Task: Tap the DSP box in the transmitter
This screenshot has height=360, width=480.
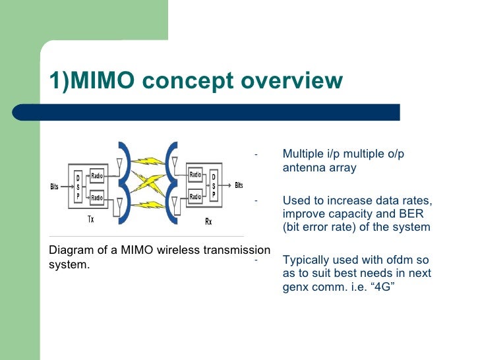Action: (x=78, y=187)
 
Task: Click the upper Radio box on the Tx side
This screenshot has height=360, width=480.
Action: (x=97, y=176)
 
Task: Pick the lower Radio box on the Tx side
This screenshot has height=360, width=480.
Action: (x=97, y=197)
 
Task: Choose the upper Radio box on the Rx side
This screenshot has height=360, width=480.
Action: (x=195, y=175)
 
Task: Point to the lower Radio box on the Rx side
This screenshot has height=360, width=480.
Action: (x=195, y=196)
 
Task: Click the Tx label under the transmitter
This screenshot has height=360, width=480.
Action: (x=91, y=220)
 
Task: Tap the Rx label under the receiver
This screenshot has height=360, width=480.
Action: (x=208, y=222)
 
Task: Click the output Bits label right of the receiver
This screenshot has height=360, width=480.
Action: (x=239, y=185)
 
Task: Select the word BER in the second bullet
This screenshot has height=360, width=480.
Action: (x=409, y=214)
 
